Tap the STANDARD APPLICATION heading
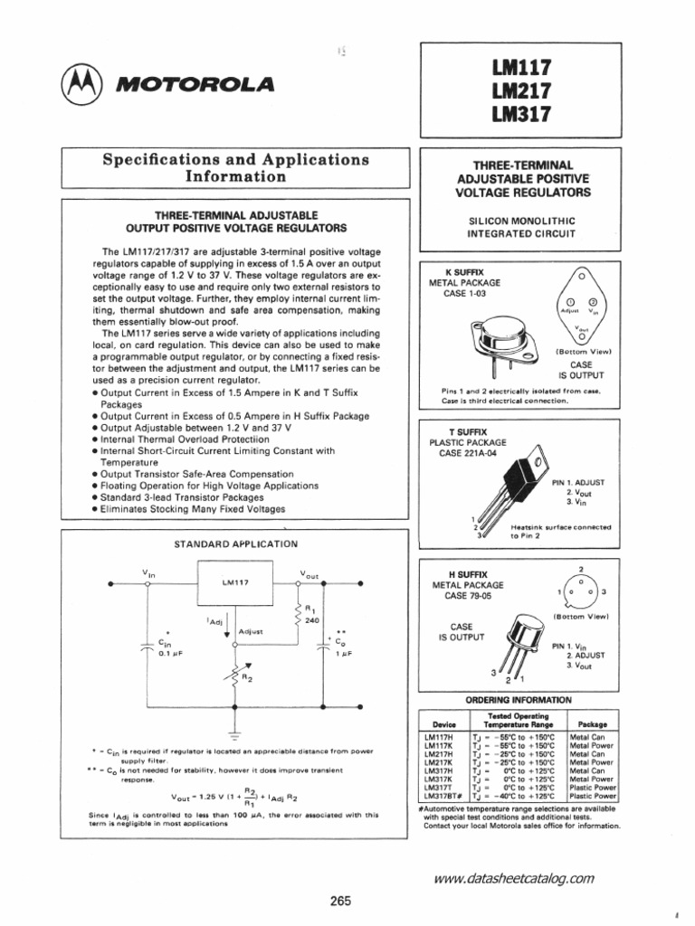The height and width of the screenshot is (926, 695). click(235, 544)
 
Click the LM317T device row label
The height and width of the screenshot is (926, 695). click(439, 787)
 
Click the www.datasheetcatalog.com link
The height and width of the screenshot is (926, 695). click(514, 877)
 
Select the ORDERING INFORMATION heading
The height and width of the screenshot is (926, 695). click(519, 701)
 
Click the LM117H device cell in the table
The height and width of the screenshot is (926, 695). click(439, 738)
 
